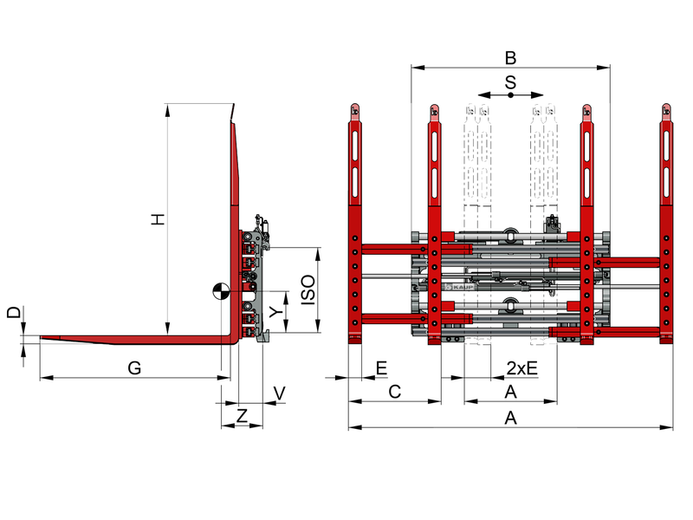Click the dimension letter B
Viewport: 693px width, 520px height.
510,57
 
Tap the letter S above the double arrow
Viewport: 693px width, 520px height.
510,82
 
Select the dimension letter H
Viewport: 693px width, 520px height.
158,219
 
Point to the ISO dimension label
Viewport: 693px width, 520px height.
308,289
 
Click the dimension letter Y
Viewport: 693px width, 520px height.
276,312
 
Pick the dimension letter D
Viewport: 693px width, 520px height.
14,313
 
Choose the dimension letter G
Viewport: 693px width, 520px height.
134,367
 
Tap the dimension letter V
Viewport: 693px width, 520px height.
279,393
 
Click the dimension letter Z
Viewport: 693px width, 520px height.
242,416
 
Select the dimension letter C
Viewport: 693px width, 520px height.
395,392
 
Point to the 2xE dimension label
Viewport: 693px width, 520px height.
522,367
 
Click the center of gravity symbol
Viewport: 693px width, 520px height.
221,291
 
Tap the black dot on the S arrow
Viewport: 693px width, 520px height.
510,95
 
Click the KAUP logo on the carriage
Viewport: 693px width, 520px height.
460,287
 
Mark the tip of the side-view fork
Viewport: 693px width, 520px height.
41,337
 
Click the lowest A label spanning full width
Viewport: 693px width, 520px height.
510,418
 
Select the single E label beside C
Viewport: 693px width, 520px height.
381,367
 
